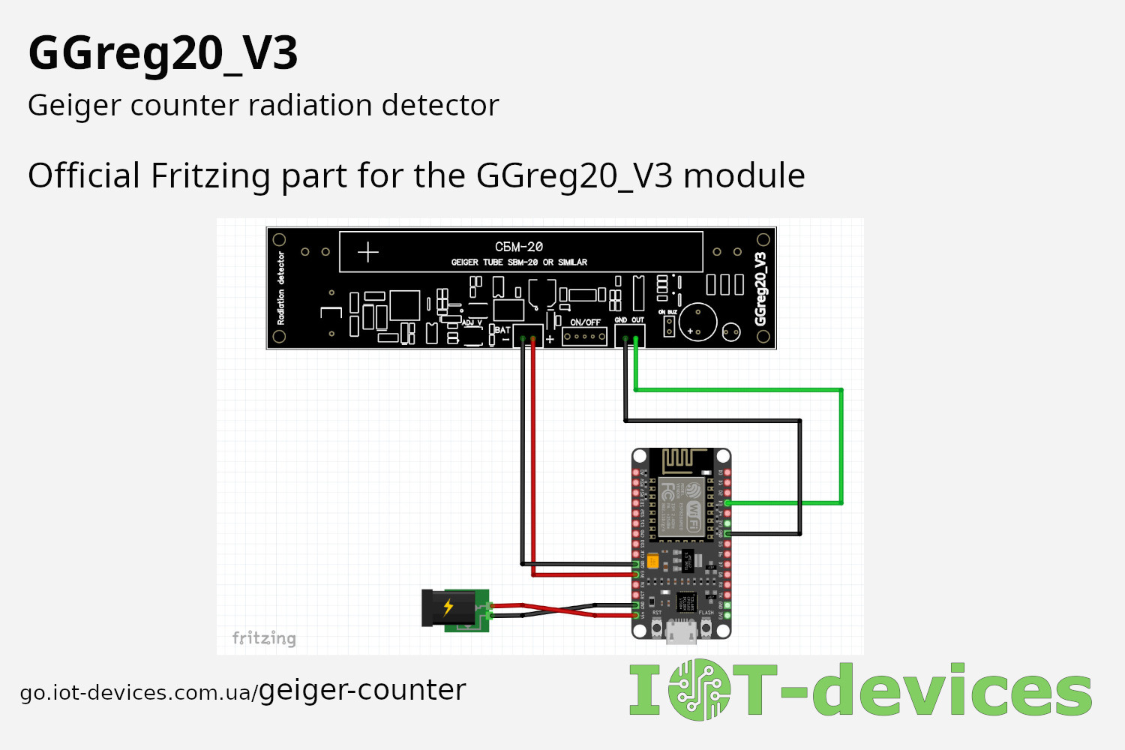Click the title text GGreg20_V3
(x=163, y=54)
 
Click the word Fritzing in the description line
(x=210, y=176)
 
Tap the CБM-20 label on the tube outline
(x=518, y=247)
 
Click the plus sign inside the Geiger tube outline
(x=368, y=252)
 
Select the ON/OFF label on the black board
(x=585, y=322)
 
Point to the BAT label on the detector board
(x=502, y=330)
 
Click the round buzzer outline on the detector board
(x=698, y=322)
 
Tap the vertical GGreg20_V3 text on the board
(x=760, y=289)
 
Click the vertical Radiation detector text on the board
(x=281, y=288)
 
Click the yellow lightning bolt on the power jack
(x=448, y=607)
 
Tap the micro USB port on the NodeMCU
(x=681, y=632)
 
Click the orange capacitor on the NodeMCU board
(x=653, y=560)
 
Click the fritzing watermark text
(x=264, y=638)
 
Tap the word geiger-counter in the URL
(x=362, y=690)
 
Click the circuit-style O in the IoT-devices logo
(x=699, y=690)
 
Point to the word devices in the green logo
(x=952, y=690)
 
